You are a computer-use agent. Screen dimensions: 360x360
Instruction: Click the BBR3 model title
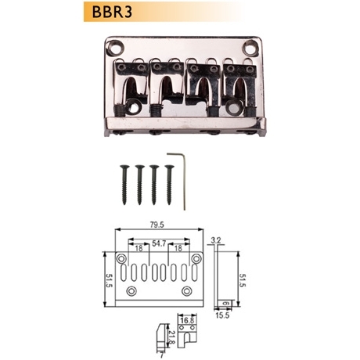[112, 12]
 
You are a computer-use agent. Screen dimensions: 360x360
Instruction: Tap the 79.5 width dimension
[157, 225]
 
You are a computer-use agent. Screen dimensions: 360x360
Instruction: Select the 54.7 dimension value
[159, 243]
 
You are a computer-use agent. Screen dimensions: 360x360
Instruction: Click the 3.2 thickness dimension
[217, 240]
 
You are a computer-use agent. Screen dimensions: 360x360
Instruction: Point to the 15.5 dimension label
[222, 315]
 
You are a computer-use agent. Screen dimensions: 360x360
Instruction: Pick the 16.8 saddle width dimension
[187, 320]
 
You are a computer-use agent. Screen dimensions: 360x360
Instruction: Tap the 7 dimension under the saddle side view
[161, 355]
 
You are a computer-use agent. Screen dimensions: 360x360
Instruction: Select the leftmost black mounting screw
[124, 185]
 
